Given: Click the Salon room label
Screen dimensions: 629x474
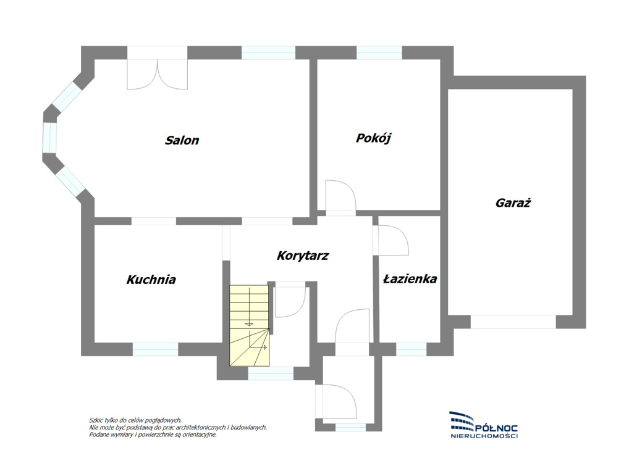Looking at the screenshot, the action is pyautogui.click(x=182, y=140).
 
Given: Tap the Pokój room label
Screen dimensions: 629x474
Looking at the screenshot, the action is pyautogui.click(x=373, y=138).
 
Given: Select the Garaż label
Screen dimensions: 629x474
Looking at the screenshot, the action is pyautogui.click(x=513, y=202).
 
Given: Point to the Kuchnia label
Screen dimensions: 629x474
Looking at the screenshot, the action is pyautogui.click(x=151, y=279).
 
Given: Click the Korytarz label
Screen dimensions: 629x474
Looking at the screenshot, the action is pyautogui.click(x=303, y=256).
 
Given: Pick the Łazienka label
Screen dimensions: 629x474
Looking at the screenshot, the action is pyautogui.click(x=410, y=278).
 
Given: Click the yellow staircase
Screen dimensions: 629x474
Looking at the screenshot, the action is pyautogui.click(x=249, y=325).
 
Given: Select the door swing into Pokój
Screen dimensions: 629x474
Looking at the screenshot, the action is pyautogui.click(x=340, y=196).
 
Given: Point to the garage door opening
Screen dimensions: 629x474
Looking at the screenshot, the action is pyautogui.click(x=513, y=322).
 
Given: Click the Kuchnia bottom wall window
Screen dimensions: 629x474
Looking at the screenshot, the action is pyautogui.click(x=155, y=349).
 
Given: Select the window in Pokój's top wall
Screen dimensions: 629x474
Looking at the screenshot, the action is pyautogui.click(x=379, y=53).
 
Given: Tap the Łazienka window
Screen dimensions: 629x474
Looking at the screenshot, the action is pyautogui.click(x=411, y=349).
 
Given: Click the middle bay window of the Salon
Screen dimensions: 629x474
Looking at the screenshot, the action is pyautogui.click(x=50, y=138).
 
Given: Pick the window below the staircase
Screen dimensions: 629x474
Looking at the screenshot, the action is pyautogui.click(x=271, y=373).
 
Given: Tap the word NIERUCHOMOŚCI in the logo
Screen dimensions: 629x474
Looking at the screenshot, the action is pyautogui.click(x=484, y=436).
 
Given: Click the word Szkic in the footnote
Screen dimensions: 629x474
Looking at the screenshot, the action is pyautogui.click(x=96, y=420).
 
